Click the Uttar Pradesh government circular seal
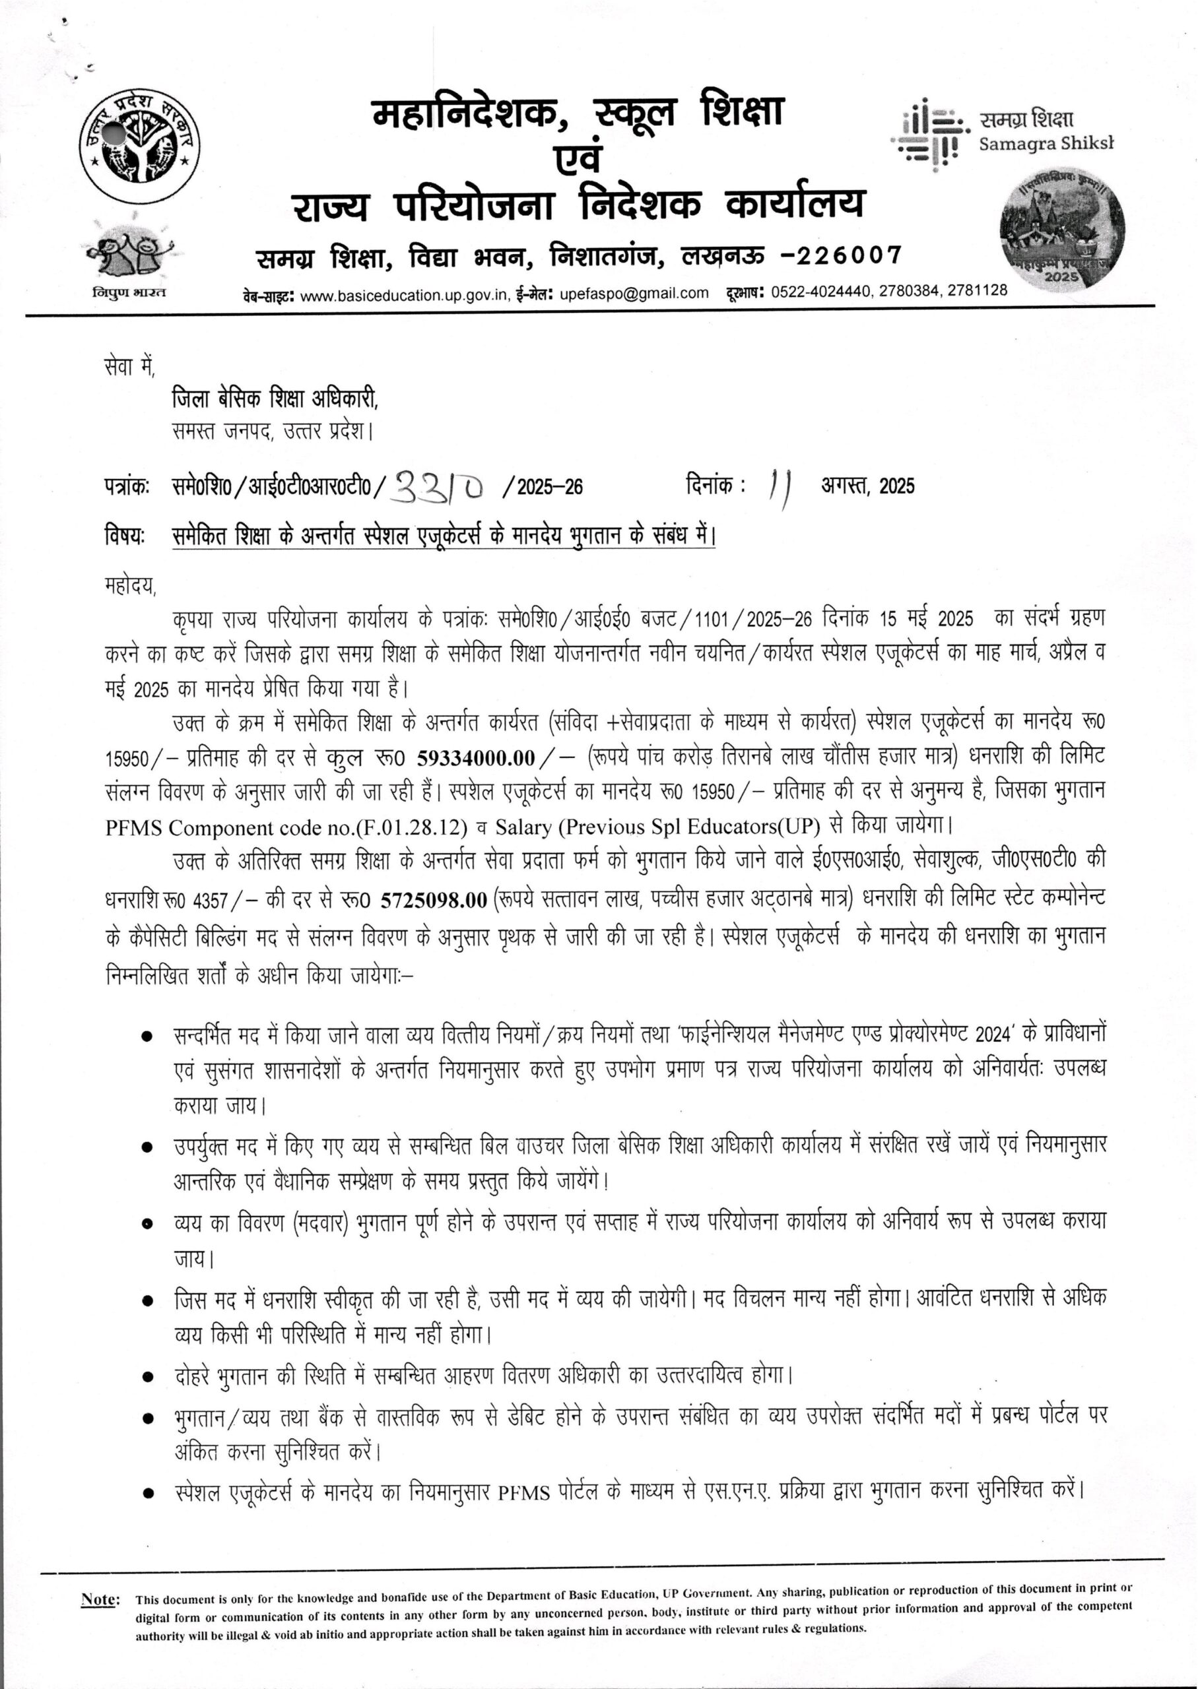tap(140, 147)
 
